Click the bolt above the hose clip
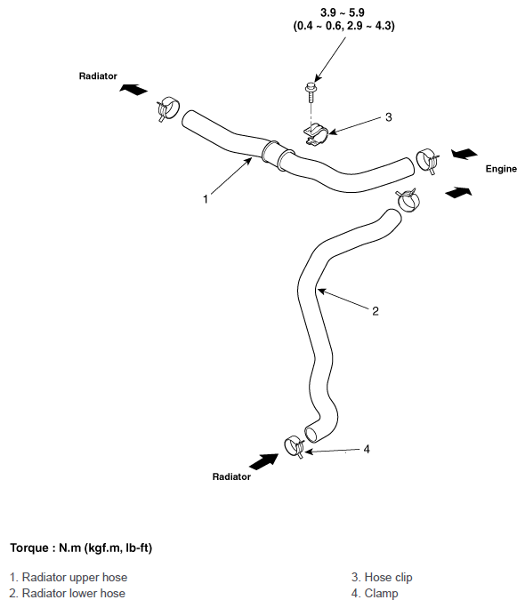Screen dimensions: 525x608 310,92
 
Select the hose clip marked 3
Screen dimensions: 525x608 316,134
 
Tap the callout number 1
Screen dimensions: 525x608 206,199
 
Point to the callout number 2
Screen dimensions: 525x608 376,311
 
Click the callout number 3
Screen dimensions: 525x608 389,117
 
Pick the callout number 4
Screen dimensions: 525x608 367,449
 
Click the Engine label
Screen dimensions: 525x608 501,169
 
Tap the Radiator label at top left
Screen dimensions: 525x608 98,76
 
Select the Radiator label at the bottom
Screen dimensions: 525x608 231,476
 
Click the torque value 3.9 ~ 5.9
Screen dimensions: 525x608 343,12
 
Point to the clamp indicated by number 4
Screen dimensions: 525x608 295,447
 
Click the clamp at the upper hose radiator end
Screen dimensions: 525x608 167,108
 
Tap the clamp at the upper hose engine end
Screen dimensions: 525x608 427,161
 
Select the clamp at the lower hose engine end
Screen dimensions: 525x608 408,200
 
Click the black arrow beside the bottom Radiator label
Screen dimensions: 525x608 264,461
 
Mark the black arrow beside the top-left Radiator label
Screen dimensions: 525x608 133,89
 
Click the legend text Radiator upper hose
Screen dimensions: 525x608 69,578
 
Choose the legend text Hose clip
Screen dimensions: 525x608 382,578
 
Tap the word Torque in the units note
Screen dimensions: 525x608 29,548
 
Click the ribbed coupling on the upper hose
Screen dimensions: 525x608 278,156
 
